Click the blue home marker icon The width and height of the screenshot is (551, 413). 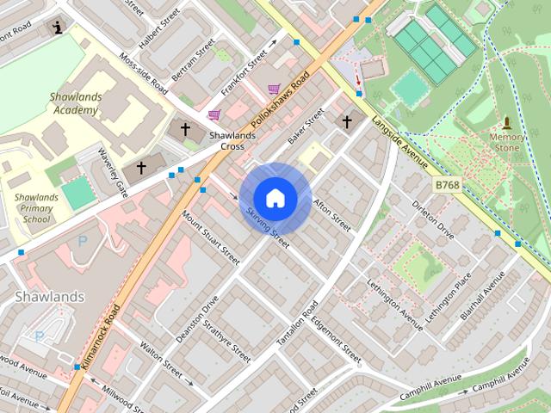pyautogui.click(x=275, y=199)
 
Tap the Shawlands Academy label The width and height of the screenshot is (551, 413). pyautogui.click(x=76, y=103)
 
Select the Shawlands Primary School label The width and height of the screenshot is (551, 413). pyautogui.click(x=36, y=207)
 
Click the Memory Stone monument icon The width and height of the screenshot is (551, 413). pyautogui.click(x=507, y=123)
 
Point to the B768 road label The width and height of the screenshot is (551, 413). pyautogui.click(x=447, y=185)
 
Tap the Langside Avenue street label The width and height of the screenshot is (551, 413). pyautogui.click(x=400, y=137)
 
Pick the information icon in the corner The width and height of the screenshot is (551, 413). pyautogui.click(x=58, y=27)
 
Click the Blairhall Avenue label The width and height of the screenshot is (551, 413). pyautogui.click(x=483, y=298)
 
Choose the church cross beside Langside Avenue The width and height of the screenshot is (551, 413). pyautogui.click(x=347, y=121)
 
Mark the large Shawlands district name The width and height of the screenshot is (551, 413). pyautogui.click(x=50, y=297)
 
